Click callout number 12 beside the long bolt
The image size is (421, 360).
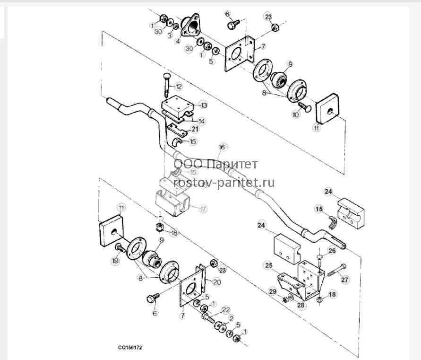178,87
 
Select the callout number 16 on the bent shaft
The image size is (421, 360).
222,147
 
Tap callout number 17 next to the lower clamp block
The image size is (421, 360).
203,209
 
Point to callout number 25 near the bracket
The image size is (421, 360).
269,266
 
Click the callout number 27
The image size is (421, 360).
344,280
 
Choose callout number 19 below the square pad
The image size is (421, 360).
115,261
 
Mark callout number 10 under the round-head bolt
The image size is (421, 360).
295,115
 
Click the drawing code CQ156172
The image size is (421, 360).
130,347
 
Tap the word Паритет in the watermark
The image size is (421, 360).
233,164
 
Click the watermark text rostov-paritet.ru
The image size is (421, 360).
224,183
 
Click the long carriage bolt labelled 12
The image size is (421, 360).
166,86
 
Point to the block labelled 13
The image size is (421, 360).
178,106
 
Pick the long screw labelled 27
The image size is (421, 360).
337,270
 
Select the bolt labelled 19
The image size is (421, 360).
120,247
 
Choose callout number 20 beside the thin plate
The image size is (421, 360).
217,282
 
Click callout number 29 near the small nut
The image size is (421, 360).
273,292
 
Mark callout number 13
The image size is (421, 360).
204,105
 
